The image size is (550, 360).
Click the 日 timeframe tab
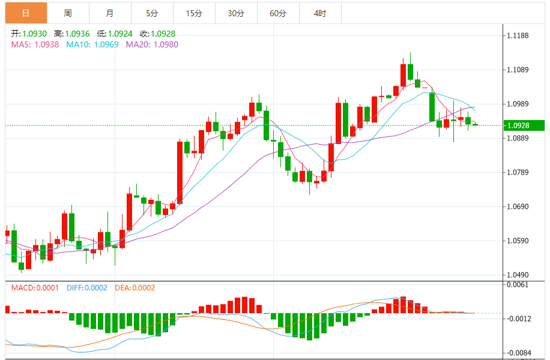tap(25, 13)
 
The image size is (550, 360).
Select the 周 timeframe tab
tap(67, 13)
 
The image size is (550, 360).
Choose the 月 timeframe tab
tap(109, 13)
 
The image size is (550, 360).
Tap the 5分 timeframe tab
tap(151, 13)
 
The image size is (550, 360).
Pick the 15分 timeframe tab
tap(193, 13)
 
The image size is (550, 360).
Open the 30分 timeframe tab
tap(235, 13)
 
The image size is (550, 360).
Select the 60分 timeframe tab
tap(277, 13)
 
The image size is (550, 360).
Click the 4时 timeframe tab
tap(319, 13)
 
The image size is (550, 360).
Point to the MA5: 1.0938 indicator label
tap(35, 44)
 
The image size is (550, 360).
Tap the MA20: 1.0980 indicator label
tap(151, 44)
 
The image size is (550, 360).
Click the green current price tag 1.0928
tap(523, 125)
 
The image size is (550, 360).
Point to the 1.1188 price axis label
tap(517, 36)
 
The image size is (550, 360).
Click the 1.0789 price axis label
tap(517, 173)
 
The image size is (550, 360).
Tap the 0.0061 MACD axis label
tap(517, 284)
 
